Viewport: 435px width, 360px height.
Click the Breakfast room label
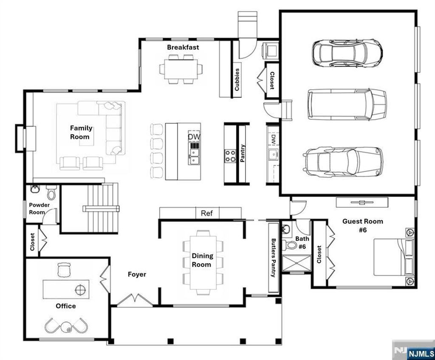pyautogui.click(x=183, y=47)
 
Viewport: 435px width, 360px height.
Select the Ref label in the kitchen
pyautogui.click(x=206, y=213)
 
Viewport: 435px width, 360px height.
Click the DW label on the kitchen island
pyautogui.click(x=194, y=137)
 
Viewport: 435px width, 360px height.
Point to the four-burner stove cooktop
pyautogui.click(x=231, y=155)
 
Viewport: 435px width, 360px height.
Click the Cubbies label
pyautogui.click(x=237, y=79)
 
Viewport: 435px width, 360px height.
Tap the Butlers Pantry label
pyautogui.click(x=274, y=258)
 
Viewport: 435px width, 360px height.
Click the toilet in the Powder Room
pyautogui.click(x=51, y=193)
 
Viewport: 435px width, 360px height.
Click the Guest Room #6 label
pyautogui.click(x=362, y=225)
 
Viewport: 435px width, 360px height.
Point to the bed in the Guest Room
pyautogui.click(x=393, y=257)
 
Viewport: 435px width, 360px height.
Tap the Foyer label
pyautogui.click(x=137, y=274)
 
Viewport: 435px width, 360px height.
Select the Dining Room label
pyautogui.click(x=202, y=260)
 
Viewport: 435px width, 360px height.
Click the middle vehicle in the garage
pyautogui.click(x=347, y=105)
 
